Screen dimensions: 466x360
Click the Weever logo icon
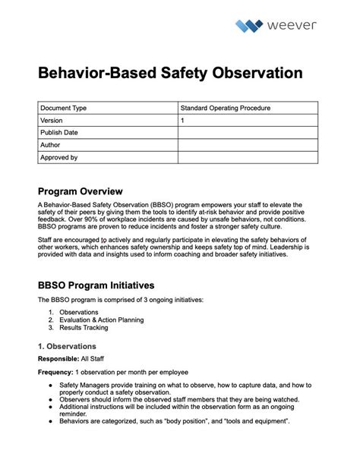pos(248,27)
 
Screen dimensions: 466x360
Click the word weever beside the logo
pos(292,26)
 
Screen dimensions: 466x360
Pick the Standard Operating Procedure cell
pos(225,109)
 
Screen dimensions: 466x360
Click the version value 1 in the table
pos(182,121)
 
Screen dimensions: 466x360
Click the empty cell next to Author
pos(248,145)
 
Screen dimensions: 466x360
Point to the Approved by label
pos(59,158)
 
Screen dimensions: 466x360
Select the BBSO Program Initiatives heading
pos(96,285)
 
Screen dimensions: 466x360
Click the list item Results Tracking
pos(84,328)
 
